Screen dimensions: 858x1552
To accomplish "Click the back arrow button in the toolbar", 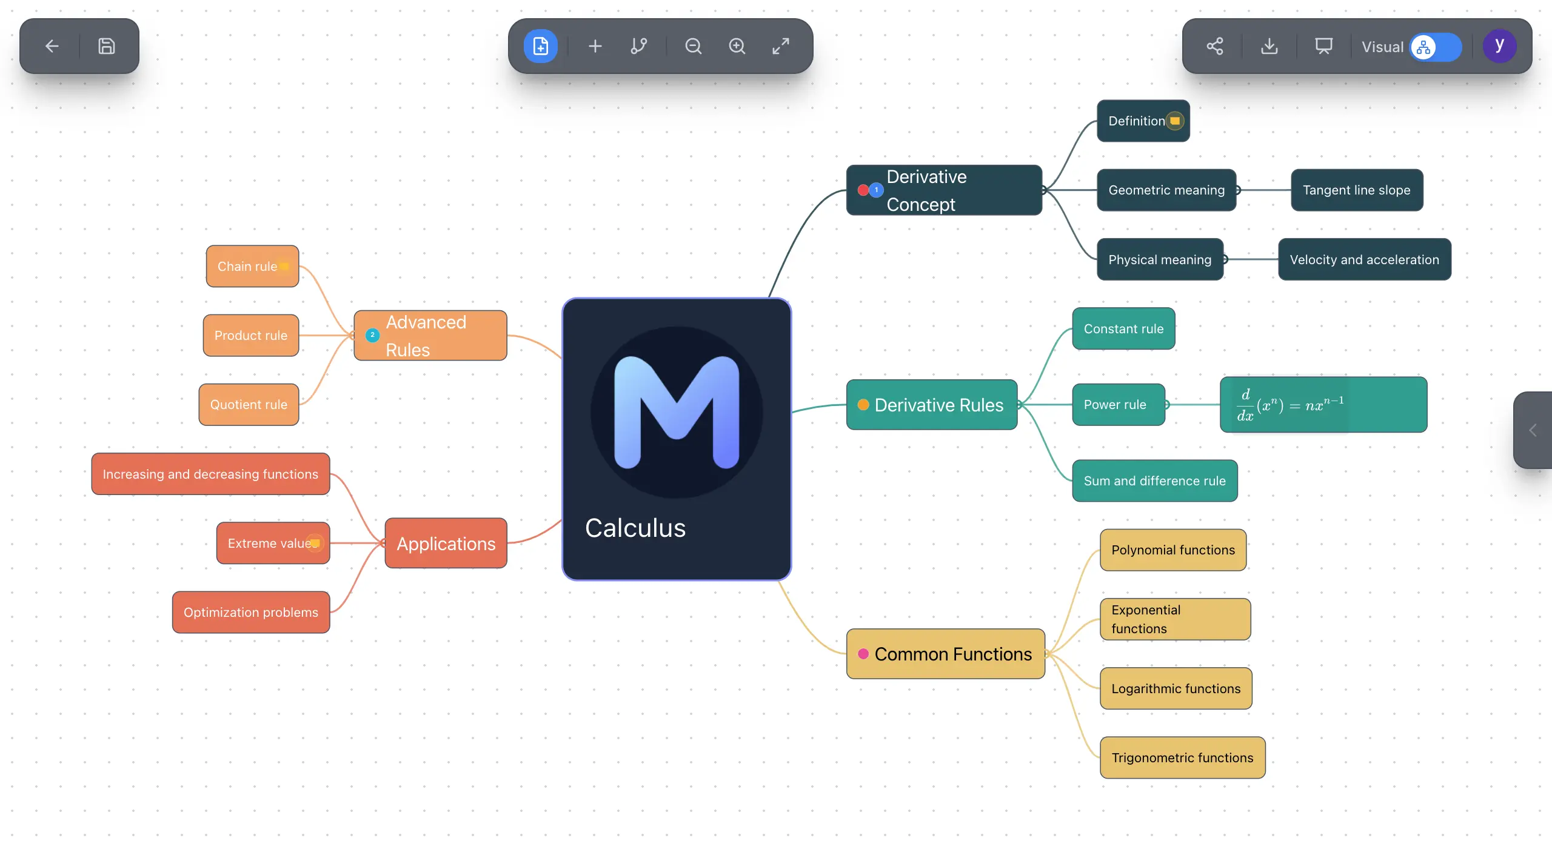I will (x=52, y=46).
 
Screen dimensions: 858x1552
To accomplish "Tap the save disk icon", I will (x=107, y=46).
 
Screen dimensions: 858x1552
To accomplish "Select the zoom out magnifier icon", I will (x=693, y=46).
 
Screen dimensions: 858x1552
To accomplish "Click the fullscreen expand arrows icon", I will (x=781, y=46).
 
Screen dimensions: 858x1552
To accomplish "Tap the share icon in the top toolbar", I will (x=1215, y=46).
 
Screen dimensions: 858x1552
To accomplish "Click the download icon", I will (x=1269, y=46).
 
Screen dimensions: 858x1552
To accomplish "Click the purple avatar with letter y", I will (x=1499, y=46).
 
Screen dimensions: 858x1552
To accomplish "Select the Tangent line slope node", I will (x=1357, y=190).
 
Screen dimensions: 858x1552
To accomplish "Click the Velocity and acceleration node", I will (x=1364, y=260).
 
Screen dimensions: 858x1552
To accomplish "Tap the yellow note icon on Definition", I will (x=1175, y=121).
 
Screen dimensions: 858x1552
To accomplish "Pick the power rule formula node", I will (x=1323, y=405).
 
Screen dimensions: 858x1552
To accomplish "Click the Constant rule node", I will (x=1123, y=329).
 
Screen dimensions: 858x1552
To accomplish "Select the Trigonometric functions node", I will (x=1182, y=758).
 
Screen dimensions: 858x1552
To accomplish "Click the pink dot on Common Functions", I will (x=863, y=654).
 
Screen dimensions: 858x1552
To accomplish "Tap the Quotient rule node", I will (x=249, y=405).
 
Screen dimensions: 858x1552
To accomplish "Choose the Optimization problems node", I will (x=250, y=613).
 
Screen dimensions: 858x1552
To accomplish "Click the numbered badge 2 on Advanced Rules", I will (x=372, y=335).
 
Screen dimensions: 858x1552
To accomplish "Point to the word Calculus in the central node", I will (x=635, y=528).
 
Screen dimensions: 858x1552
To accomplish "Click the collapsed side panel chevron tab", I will (x=1533, y=430).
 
